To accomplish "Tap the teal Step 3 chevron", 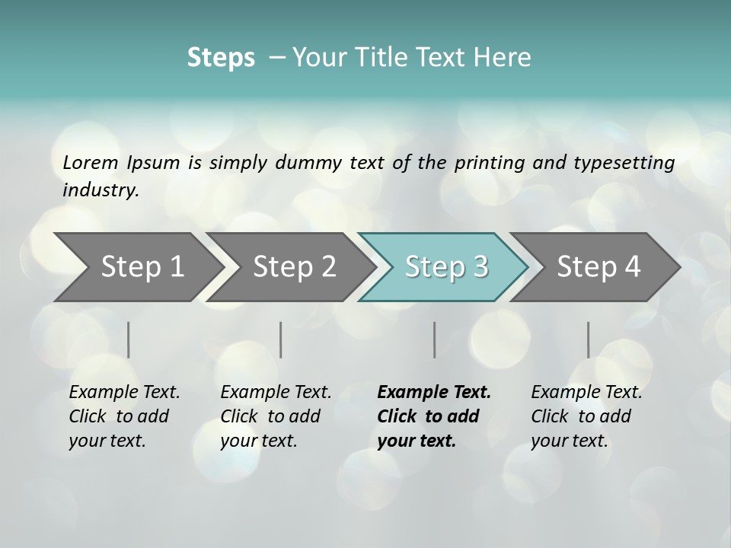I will tap(445, 266).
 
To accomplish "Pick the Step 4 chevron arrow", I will tap(598, 266).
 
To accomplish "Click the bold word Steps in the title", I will tap(221, 58).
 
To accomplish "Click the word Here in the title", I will tap(504, 58).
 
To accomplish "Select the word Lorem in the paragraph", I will tap(91, 163).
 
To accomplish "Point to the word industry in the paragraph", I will tap(100, 190).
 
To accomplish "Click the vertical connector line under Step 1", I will tap(129, 339).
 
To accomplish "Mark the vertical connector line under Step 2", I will tap(281, 339).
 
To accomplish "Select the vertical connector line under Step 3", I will tap(435, 339).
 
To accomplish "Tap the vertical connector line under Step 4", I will tap(588, 339).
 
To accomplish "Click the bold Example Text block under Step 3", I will tap(433, 416).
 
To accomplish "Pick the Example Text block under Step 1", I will tap(123, 416).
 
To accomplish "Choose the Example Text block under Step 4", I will tap(586, 416).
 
